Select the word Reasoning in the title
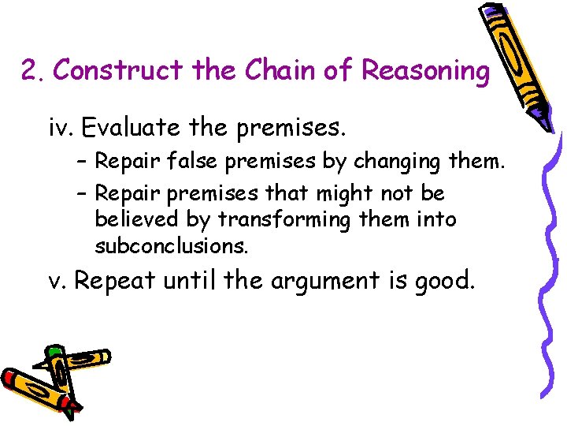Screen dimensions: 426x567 [425, 71]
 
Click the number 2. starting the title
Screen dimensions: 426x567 [33, 72]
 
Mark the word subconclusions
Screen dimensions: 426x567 [171, 246]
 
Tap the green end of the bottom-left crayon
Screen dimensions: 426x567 [54, 350]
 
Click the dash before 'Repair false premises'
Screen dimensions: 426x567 [82, 163]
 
